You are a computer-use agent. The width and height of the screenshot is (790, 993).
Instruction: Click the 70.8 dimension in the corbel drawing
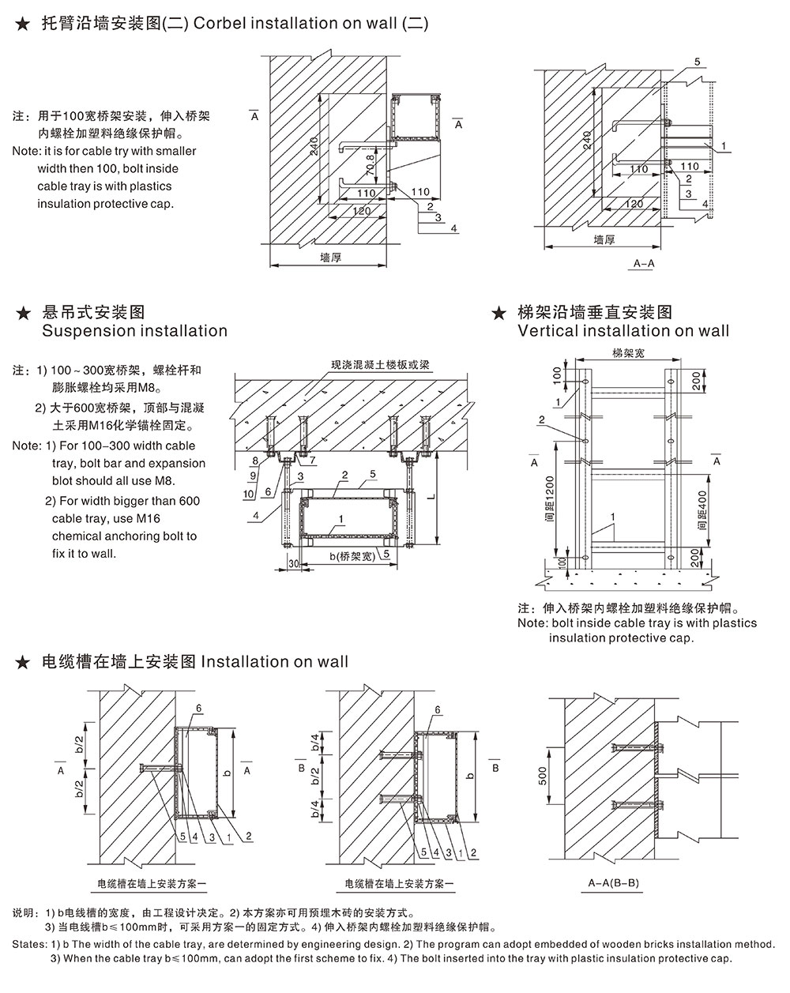point(370,166)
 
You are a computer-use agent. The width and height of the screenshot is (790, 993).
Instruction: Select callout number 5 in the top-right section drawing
point(698,61)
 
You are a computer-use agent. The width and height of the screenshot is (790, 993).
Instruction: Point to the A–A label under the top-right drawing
point(644,264)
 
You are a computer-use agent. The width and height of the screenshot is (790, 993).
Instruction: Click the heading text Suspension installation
point(134,331)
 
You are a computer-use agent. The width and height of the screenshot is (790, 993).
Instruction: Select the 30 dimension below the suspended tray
point(292,564)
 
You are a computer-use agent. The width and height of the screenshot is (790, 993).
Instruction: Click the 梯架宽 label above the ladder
point(627,353)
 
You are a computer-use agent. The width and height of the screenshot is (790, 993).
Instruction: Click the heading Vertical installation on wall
point(623,331)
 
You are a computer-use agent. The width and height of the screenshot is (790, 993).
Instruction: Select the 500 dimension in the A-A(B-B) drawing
point(543,777)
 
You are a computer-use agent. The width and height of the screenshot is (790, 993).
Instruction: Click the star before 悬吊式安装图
point(23,314)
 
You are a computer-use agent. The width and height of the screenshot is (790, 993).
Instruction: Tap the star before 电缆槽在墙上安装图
point(23,661)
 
